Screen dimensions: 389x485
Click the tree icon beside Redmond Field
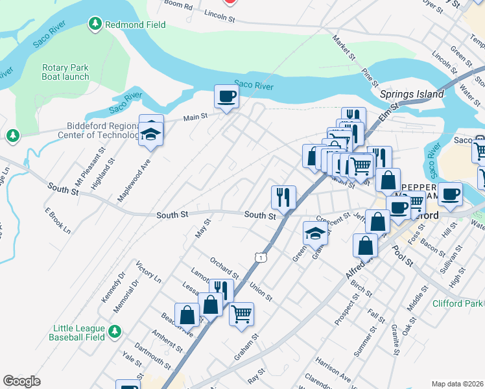click(95, 25)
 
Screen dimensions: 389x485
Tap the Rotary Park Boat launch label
click(65, 72)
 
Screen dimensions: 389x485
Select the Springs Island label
click(412, 94)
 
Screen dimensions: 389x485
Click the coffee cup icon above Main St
click(226, 97)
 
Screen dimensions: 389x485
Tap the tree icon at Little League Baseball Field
click(114, 331)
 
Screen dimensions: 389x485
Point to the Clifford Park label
click(458, 303)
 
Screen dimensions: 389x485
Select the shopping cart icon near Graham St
click(241, 314)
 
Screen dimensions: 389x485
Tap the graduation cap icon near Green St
click(315, 233)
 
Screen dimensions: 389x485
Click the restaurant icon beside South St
click(283, 196)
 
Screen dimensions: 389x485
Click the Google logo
click(22, 381)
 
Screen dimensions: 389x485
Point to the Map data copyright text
click(457, 383)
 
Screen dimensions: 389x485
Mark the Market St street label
click(344, 49)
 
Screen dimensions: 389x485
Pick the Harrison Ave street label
click(333, 368)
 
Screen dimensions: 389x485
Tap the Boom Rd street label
click(179, 5)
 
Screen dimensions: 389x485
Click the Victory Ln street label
click(148, 272)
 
